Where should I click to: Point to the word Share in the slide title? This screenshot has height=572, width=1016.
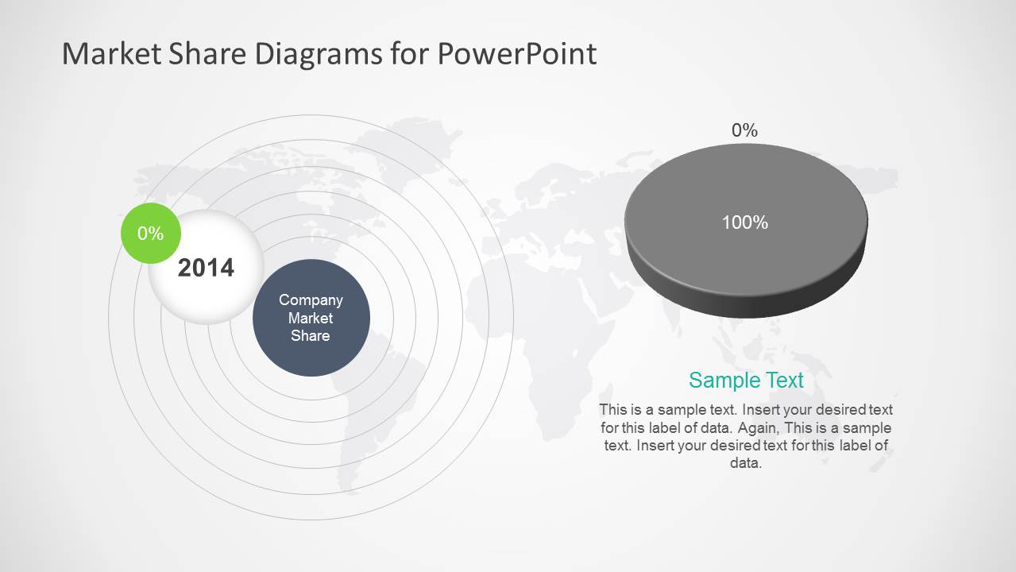205,54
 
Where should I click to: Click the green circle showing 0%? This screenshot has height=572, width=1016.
150,234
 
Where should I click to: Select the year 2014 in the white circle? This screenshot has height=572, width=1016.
206,268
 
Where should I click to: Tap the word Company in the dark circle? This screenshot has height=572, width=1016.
311,300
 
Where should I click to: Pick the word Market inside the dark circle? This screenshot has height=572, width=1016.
311,318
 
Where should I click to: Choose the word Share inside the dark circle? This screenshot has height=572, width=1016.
311,335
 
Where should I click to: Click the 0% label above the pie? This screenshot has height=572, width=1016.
744,130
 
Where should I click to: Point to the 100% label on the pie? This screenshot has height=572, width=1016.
744,223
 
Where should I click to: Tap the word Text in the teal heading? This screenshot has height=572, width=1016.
784,381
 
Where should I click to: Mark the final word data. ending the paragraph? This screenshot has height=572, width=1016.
746,463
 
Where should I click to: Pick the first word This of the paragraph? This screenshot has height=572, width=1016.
613,410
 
